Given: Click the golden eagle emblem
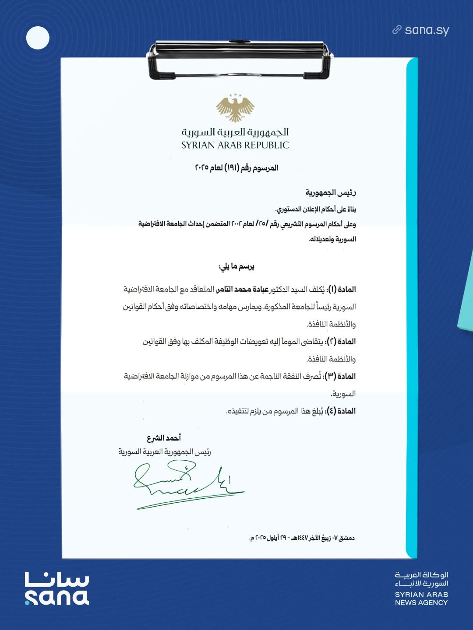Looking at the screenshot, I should click(235, 108).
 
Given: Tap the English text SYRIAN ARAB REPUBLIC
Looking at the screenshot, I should click(235, 145).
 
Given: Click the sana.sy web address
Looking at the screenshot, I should click(427, 30).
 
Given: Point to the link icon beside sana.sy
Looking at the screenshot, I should click(397, 30).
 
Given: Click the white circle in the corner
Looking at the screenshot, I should click(38, 38).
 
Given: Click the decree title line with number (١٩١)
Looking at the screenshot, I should click(236, 168).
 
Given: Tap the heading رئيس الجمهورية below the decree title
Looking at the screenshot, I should click(331, 192).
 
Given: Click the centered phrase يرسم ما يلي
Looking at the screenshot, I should click(236, 266).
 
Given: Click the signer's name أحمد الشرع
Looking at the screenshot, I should click(164, 437).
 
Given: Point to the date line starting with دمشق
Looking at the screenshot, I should click(302, 538).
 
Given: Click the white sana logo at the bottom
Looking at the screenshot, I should click(57, 589).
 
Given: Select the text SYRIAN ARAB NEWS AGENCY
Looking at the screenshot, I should click(421, 598).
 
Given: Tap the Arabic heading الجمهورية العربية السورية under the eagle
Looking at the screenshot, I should click(235, 132).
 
